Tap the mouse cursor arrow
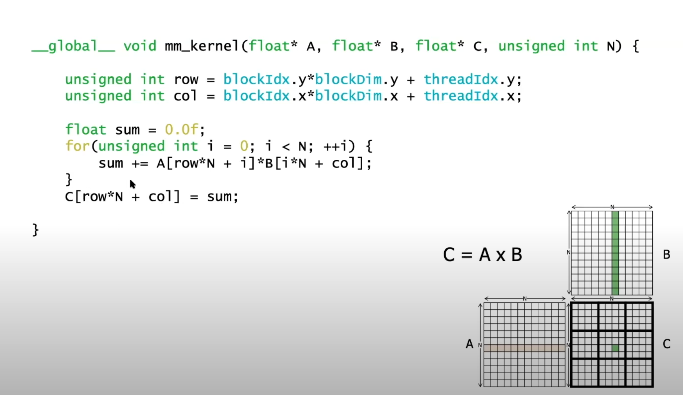132,184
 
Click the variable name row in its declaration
186,80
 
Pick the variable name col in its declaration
185,96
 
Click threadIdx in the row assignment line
461,80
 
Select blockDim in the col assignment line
348,96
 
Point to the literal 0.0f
181,130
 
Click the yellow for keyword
77,146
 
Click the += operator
140,163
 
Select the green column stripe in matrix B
615,253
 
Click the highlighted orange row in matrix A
524,348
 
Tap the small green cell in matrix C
615,348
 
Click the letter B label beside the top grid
666,255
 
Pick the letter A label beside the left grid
469,344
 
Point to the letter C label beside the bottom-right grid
666,344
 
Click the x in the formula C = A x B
500,255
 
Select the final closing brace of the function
35,230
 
